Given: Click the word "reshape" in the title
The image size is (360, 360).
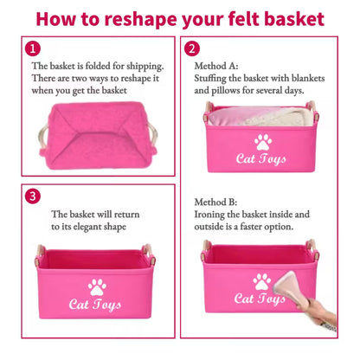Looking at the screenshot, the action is (x=140, y=20).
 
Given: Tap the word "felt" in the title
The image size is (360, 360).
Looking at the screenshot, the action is (x=244, y=19).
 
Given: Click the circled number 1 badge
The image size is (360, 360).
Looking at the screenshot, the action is (x=33, y=48).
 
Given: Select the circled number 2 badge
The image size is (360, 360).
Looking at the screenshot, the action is (x=192, y=48).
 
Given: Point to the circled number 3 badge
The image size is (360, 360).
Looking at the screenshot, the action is (x=33, y=196).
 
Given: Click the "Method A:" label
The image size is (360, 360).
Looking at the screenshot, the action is (x=216, y=66).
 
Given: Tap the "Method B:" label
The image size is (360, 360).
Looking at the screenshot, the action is (x=215, y=202).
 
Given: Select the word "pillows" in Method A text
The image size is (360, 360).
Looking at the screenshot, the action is (x=226, y=91).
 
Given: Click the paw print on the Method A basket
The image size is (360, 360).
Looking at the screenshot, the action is (x=263, y=142).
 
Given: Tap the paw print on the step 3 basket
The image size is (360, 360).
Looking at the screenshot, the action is (x=97, y=287).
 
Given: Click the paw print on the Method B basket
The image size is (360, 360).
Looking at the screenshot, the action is (x=262, y=282).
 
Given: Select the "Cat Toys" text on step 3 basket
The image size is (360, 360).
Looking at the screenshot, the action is (x=95, y=305).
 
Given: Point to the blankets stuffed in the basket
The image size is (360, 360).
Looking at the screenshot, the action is (x=257, y=116).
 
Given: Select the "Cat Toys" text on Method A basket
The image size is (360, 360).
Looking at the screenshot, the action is (x=261, y=159).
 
